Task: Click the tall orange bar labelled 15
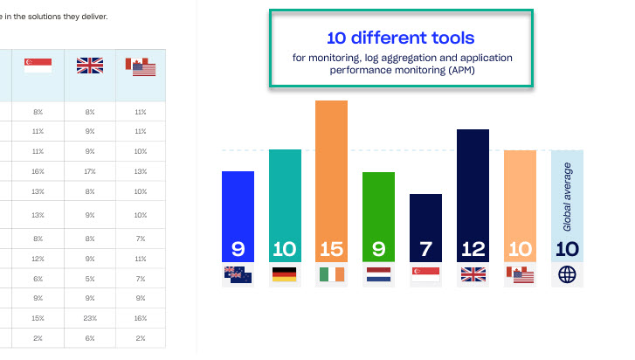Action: pos(331,175)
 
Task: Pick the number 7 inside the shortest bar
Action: pos(425,249)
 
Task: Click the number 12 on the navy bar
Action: pos(473,249)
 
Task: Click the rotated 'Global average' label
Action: pos(567,196)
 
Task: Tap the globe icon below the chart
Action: pos(567,274)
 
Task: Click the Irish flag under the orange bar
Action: pos(331,274)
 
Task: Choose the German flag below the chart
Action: pos(285,274)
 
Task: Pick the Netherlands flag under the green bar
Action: pos(378,274)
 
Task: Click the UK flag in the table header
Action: pos(89,66)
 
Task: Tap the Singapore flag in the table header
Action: pos(38,66)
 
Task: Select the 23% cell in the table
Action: pos(89,318)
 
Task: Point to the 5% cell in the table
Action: pos(89,278)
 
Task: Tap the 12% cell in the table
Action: pos(38,259)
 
